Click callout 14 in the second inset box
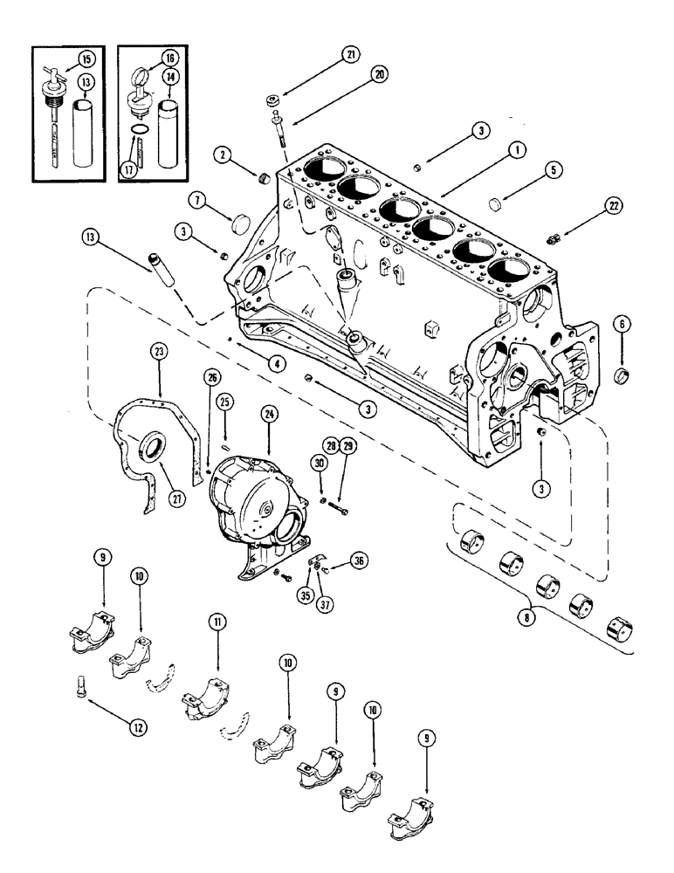click(194, 79)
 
